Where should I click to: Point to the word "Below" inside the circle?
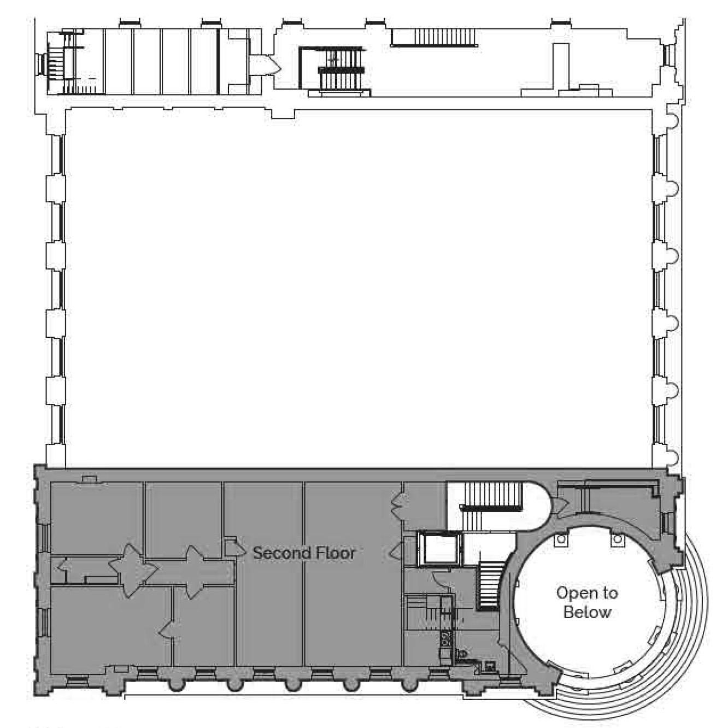[x=587, y=612]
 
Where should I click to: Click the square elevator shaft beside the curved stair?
[x=440, y=549]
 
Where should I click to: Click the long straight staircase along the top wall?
[x=434, y=38]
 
